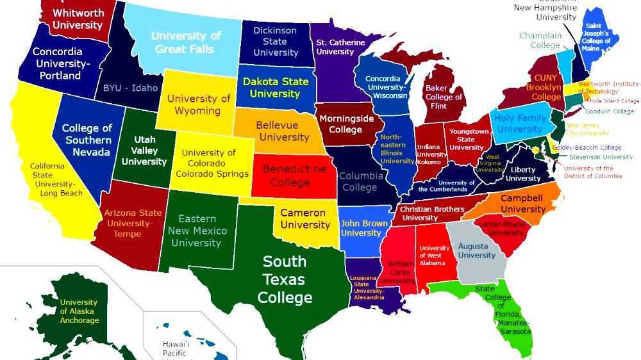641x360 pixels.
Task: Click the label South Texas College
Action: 285,279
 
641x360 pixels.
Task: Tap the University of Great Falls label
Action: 186,42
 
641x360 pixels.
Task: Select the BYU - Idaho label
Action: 130,88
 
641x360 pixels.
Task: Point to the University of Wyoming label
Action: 199,104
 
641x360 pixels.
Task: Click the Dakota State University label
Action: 275,88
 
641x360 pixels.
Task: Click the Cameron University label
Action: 304,218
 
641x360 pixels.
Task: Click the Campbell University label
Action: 522,204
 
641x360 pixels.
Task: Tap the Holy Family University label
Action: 520,123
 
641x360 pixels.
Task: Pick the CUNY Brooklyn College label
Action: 546,87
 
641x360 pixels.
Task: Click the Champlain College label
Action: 540,40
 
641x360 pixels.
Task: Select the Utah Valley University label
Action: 144,151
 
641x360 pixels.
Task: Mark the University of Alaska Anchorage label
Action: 79,311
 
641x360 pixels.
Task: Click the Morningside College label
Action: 346,124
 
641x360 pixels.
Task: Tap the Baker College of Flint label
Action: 444,97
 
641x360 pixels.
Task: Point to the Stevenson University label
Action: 601,157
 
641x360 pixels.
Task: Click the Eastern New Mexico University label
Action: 196,231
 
